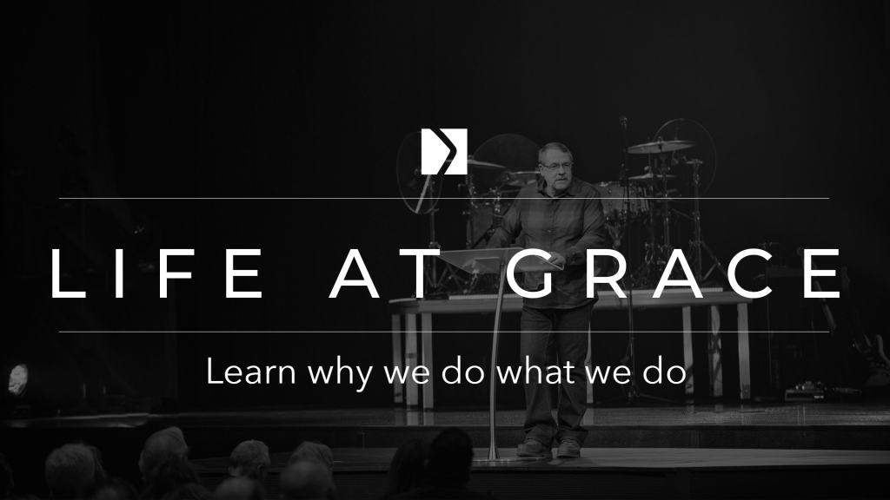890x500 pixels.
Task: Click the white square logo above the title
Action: (444, 151)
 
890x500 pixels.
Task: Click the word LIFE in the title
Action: (157, 273)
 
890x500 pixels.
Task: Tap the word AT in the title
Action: (385, 273)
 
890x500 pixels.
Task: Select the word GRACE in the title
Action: (674, 273)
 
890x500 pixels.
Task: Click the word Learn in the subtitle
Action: (251, 372)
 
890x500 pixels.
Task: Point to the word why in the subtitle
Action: (340, 374)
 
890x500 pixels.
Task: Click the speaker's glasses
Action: (554, 166)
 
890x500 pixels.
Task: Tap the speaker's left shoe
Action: (568, 449)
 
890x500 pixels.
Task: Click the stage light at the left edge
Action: (18, 379)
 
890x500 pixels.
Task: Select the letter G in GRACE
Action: (532, 273)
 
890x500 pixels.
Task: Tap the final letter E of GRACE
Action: (823, 273)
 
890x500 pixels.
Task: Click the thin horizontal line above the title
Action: (444, 199)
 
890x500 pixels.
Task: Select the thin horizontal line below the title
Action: (444, 332)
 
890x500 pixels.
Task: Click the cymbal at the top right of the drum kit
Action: (661, 146)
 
